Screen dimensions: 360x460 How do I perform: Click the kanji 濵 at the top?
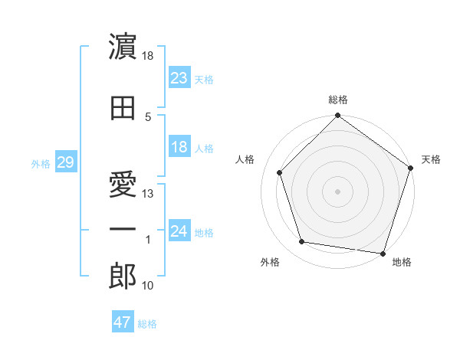coord(123,47)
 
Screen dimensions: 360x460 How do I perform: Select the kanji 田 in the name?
coord(123,109)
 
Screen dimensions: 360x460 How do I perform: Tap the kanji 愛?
coord(123,171)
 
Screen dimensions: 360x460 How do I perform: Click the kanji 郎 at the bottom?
coord(123,277)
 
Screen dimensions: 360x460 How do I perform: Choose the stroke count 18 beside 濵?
coord(148,55)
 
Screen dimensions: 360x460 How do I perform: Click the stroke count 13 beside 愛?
coord(148,193)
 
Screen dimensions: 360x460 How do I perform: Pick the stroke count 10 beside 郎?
coord(148,286)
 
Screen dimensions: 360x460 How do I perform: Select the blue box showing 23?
coord(179,78)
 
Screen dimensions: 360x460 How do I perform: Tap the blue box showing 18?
coord(179,147)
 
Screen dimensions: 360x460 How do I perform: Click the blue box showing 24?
coord(179,231)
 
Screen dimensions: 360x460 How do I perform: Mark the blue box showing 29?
coord(65,162)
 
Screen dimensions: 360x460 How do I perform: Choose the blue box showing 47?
coord(123,322)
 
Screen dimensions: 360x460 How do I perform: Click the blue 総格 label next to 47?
coord(148,324)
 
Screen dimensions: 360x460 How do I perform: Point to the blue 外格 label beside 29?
coord(41,163)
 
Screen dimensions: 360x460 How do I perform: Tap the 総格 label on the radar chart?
coord(338,100)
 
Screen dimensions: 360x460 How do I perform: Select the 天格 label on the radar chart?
coord(431,159)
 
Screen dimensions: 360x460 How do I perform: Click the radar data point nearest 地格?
coord(383,253)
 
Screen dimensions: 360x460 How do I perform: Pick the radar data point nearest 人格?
coord(280,172)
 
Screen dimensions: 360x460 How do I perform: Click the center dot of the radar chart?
coord(338,191)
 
